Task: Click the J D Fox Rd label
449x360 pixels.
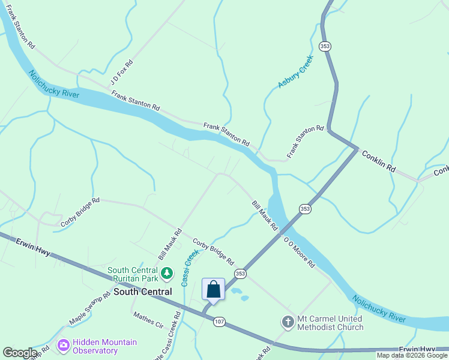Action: (121, 72)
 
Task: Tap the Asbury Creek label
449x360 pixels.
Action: (296, 72)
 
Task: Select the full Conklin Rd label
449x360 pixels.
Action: (379, 161)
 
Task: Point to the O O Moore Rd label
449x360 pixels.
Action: (299, 251)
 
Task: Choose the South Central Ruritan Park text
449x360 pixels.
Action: (133, 274)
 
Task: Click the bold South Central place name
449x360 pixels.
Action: (143, 292)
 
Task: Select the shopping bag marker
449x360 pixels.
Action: (213, 290)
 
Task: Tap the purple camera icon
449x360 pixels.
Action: (63, 346)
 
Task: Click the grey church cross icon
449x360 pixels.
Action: (288, 322)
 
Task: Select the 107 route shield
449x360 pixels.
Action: (219, 322)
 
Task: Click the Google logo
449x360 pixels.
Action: (20, 353)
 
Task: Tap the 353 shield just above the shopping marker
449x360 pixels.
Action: (241, 274)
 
